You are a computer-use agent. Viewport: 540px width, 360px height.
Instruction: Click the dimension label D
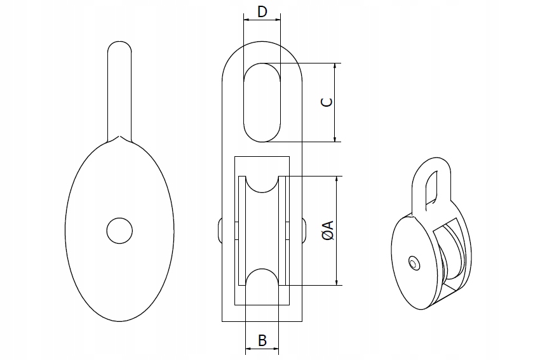click(x=262, y=11)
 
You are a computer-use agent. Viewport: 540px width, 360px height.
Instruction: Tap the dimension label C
click(x=325, y=102)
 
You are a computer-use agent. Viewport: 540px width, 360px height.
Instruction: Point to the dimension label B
click(x=262, y=340)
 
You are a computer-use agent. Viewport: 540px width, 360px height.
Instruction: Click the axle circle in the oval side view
click(x=119, y=230)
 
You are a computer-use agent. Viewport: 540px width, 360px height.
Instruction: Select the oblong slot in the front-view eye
click(x=262, y=102)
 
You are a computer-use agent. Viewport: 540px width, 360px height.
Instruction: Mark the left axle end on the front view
click(x=219, y=230)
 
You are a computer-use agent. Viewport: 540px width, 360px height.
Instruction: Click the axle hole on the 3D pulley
click(x=414, y=262)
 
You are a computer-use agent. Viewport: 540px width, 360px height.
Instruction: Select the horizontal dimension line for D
click(x=262, y=20)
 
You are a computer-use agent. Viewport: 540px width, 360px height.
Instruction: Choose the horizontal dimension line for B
click(x=262, y=349)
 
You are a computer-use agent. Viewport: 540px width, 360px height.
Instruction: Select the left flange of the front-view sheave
click(x=241, y=230)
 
